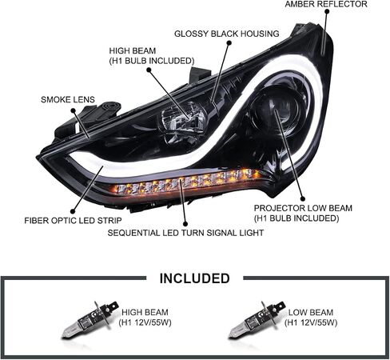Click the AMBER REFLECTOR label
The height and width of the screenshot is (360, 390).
tap(326, 4)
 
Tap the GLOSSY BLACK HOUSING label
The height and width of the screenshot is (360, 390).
tap(227, 34)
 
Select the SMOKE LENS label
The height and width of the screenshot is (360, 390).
tap(68, 99)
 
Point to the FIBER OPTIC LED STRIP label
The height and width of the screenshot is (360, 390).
tap(73, 221)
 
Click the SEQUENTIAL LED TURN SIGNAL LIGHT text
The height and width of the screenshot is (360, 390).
tap(185, 233)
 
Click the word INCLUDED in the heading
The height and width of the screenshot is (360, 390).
tap(194, 278)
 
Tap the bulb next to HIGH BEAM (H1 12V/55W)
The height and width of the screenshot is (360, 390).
tap(90, 318)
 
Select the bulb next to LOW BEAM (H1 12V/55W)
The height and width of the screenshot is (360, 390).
tap(257, 319)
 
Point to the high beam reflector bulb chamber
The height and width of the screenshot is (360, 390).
tap(182, 121)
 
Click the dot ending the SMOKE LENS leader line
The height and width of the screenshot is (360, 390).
tap(73, 110)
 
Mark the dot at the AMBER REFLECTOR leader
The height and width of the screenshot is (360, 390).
tap(327, 11)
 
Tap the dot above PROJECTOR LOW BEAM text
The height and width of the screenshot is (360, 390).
tap(302, 198)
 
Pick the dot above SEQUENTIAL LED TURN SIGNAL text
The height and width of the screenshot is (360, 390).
tap(185, 224)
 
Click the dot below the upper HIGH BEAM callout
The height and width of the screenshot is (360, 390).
tap(149, 70)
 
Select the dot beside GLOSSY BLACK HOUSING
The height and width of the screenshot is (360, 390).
tap(229, 42)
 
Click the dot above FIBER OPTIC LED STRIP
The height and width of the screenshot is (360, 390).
tap(73, 211)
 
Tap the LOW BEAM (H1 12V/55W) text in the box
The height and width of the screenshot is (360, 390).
tap(311, 318)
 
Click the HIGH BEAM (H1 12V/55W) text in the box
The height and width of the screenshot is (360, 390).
tap(145, 318)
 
